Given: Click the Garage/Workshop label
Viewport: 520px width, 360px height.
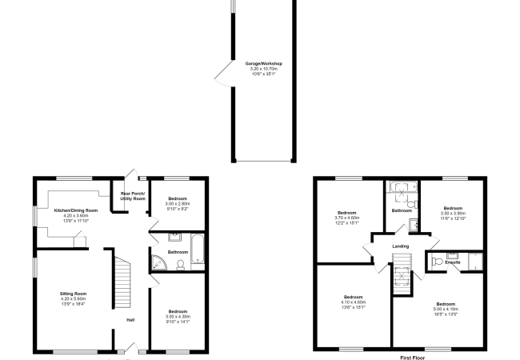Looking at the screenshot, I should coord(263,63).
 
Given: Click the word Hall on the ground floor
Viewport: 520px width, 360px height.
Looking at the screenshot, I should coord(130,321).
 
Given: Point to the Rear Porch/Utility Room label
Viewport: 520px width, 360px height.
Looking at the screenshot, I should coord(133,196).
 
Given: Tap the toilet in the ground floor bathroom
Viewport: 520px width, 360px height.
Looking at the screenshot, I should coord(180,264).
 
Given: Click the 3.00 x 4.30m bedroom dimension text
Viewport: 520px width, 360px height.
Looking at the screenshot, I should coord(178,317).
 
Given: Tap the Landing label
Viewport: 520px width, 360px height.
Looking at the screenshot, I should coord(401,246).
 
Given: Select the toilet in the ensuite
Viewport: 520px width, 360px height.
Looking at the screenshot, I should coord(436,261).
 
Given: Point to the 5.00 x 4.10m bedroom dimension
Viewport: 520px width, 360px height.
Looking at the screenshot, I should coord(446,310).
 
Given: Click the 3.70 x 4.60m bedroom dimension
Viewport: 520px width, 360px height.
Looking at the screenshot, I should coord(347,218).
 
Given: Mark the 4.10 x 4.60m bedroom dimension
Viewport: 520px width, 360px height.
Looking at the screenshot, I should coord(353,302).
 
